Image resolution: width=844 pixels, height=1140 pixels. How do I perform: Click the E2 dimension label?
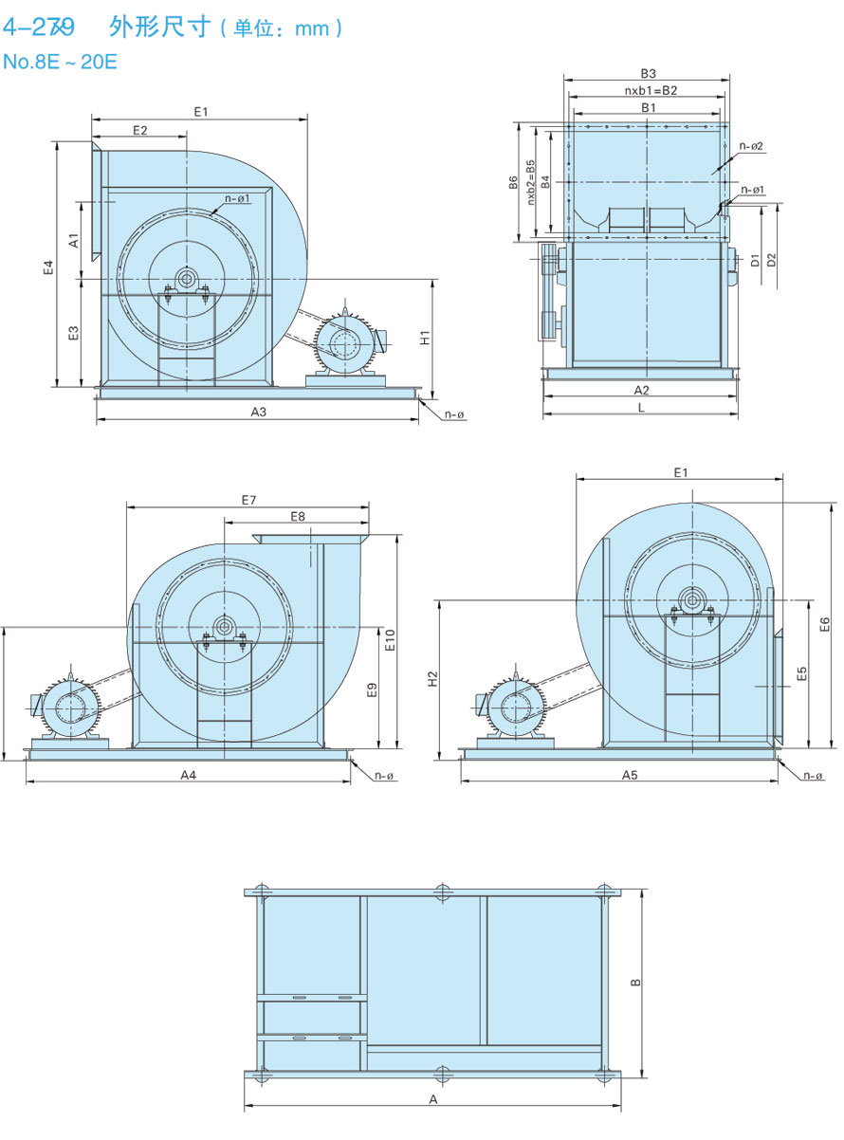click(139, 130)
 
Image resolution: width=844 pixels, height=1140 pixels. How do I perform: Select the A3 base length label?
click(258, 412)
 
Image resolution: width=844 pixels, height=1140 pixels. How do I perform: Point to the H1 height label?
click(426, 337)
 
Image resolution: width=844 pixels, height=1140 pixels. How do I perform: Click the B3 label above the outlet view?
click(648, 73)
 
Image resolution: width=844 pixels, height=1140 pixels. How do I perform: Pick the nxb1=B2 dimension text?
click(650, 91)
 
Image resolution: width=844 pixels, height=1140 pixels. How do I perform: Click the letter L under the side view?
click(641, 407)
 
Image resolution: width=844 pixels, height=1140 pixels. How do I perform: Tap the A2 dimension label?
click(641, 390)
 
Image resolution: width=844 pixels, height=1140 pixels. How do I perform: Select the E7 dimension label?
click(248, 499)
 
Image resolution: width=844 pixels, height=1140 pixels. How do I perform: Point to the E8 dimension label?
click(297, 517)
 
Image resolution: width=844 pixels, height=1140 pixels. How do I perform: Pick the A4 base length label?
click(188, 775)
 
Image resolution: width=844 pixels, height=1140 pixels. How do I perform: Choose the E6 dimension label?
click(824, 623)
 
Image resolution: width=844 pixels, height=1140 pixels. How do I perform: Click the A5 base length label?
click(630, 775)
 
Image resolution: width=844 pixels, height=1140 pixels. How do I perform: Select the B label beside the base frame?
click(635, 982)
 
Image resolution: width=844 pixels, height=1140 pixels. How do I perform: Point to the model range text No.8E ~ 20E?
click(60, 63)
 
